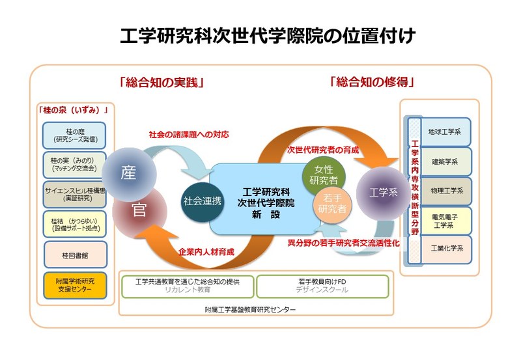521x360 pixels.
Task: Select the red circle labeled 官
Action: coord(137,210)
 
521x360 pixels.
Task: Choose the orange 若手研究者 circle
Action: coord(333,204)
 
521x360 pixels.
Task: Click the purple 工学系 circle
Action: coord(382,193)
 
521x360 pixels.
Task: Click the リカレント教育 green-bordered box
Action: coord(188,286)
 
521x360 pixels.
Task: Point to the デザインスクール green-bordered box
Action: coord(322,286)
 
